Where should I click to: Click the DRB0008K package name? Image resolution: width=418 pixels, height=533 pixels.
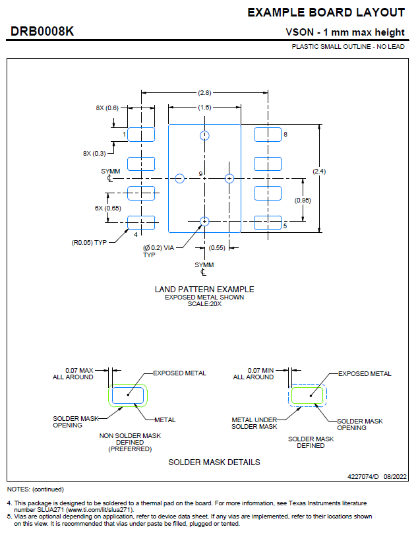click(43, 32)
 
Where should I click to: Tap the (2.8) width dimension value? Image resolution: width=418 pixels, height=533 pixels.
click(204, 92)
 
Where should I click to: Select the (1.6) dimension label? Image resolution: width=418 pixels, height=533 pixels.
click(204, 107)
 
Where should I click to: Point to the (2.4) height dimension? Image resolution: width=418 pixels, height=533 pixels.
click(320, 172)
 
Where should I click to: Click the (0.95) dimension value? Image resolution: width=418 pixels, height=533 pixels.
click(303, 200)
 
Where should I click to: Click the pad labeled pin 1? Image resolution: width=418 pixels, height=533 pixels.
click(141, 135)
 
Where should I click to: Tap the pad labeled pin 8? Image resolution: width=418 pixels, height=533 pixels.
click(268, 135)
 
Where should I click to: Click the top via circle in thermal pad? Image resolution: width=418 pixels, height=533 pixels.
click(204, 135)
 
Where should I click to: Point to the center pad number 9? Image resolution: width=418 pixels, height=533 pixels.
click(200, 173)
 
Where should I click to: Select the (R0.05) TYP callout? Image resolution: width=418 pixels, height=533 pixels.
click(89, 242)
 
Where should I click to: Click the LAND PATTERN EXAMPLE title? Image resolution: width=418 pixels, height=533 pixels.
click(204, 289)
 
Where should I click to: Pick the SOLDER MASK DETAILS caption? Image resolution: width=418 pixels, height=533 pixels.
click(214, 462)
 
